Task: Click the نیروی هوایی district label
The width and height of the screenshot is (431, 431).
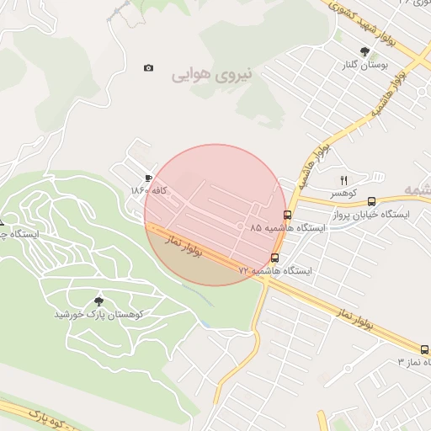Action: [x=212, y=75]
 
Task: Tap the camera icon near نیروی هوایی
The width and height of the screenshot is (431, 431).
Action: [x=149, y=67]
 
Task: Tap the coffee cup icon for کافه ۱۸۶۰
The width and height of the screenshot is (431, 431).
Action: [x=149, y=178]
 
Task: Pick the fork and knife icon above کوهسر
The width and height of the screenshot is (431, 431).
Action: [x=343, y=180]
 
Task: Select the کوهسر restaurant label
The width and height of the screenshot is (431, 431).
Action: [x=343, y=193]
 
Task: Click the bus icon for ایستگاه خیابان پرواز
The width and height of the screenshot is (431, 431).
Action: [x=371, y=201]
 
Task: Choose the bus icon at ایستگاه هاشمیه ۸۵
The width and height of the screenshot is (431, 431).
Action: [x=287, y=215]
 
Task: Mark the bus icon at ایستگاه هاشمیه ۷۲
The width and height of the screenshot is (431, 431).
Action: [x=274, y=258]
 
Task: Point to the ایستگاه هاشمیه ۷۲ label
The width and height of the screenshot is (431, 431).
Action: [x=274, y=271]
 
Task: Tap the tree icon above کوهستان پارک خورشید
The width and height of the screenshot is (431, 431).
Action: [x=99, y=301]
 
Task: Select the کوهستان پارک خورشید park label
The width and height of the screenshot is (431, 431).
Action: [x=99, y=314]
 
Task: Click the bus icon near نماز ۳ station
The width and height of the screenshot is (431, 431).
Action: [x=423, y=349]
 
